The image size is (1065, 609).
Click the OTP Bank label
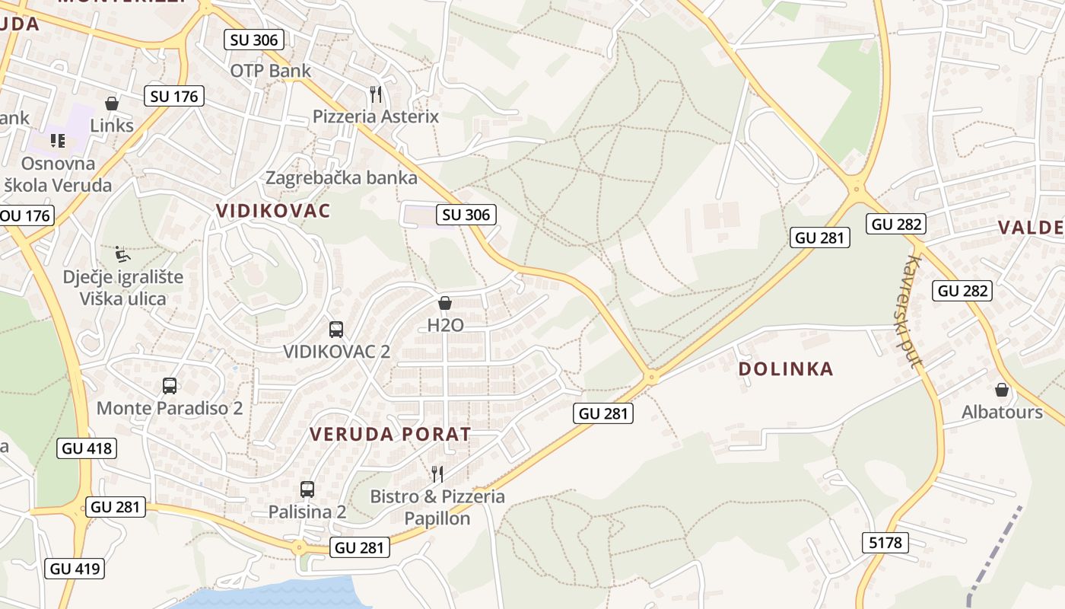click(270, 71)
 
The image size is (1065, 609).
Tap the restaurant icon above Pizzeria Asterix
click(375, 94)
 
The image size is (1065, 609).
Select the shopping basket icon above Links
click(112, 104)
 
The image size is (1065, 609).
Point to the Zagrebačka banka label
click(341, 178)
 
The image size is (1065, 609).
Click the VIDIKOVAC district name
click(273, 211)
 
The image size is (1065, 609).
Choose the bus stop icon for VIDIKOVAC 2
click(336, 330)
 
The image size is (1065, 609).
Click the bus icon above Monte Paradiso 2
click(170, 386)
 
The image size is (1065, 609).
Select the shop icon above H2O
click(445, 303)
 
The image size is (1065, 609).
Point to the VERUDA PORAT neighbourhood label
click(390, 435)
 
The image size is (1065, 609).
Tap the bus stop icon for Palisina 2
click(307, 489)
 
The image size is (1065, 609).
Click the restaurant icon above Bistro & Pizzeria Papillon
click(437, 474)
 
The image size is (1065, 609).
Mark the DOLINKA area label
click(786, 369)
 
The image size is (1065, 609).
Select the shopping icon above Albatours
click(1002, 390)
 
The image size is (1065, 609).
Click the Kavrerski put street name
click(911, 311)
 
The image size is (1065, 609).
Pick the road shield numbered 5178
click(885, 542)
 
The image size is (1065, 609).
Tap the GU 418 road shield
click(87, 448)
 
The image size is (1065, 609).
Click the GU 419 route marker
click(75, 568)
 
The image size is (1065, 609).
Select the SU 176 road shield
click(174, 96)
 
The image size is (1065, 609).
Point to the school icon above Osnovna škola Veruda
click(58, 140)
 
